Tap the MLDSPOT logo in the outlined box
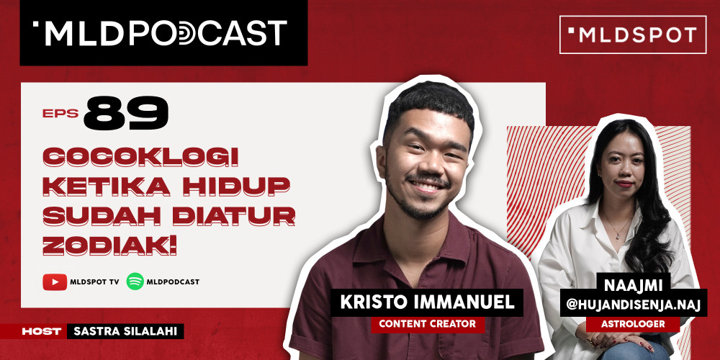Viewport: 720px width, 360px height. click(633, 35)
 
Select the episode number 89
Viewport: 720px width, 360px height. click(125, 114)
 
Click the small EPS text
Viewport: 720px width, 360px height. click(60, 113)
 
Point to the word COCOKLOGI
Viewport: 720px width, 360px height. click(140, 156)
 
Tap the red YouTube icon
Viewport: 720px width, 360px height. click(55, 282)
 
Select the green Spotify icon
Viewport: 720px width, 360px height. click(135, 282)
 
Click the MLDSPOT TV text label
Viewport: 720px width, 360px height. click(94, 282)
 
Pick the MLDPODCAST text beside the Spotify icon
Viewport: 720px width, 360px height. click(174, 282)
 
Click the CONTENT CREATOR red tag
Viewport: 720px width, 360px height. click(428, 324)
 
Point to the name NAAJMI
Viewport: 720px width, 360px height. click(634, 287)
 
